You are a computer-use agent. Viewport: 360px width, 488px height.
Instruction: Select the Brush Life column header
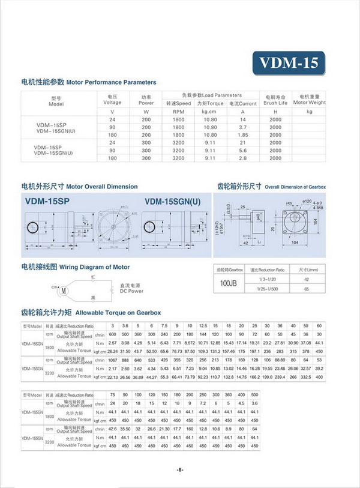pos(275,99)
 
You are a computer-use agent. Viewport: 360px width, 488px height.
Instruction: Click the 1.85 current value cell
pos(243,135)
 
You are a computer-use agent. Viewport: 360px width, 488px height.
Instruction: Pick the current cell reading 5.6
pos(243,151)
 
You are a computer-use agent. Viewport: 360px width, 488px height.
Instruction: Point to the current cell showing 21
pos(243,143)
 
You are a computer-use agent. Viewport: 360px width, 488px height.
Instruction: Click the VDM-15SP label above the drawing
pos(47,202)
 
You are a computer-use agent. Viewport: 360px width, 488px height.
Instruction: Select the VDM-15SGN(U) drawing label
pos(173,202)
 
